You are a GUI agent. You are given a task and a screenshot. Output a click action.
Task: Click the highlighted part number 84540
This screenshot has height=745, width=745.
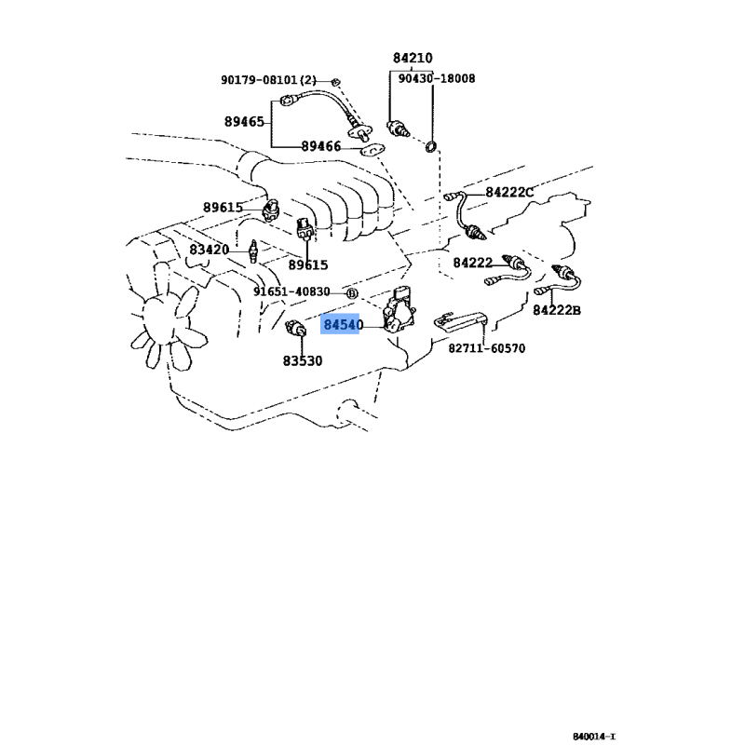click(x=343, y=324)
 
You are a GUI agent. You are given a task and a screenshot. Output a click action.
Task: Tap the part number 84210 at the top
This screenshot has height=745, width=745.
click(x=413, y=58)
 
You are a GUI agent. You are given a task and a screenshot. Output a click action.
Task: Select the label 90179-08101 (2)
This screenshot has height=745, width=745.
click(x=268, y=80)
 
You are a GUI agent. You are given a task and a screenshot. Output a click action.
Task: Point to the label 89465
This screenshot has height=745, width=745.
click(x=244, y=122)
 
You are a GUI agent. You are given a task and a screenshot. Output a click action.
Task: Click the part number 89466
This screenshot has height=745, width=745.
click(x=321, y=146)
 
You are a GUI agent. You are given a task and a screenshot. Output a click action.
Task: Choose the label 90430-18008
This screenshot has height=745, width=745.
click(x=436, y=78)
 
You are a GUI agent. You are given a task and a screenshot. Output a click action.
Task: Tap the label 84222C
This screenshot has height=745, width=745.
click(x=509, y=193)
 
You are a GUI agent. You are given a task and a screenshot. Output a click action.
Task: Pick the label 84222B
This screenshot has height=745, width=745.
click(x=557, y=310)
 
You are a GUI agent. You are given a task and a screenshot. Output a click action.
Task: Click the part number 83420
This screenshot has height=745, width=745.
click(x=209, y=250)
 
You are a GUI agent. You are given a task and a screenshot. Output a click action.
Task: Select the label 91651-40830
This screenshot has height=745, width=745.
click(x=291, y=291)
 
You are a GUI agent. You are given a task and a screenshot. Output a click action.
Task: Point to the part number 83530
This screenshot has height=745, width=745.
click(x=303, y=361)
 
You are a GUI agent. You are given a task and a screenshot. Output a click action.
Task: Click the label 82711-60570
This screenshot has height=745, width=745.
click(x=487, y=348)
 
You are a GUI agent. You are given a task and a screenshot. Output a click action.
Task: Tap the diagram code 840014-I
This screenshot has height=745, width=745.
click(x=594, y=737)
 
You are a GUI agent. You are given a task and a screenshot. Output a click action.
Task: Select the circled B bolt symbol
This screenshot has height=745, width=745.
click(x=352, y=293)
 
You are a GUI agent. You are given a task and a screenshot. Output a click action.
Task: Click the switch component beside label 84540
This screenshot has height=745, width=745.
click(x=400, y=310)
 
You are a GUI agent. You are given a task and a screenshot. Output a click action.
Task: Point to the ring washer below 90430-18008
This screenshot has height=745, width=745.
click(x=430, y=147)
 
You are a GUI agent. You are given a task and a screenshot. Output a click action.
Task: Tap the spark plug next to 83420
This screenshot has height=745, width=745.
click(x=253, y=251)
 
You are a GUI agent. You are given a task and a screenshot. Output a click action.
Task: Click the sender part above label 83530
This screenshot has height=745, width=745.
click(x=295, y=328)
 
